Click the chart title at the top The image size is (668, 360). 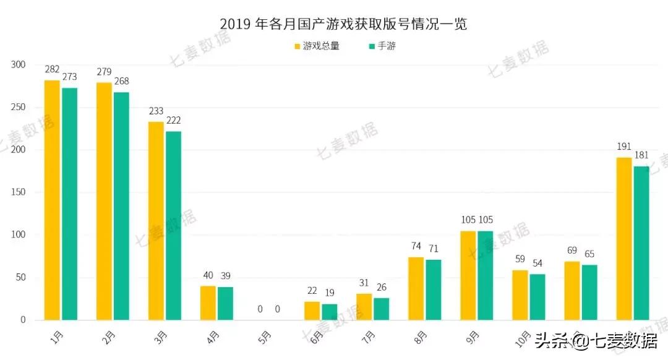[343, 24]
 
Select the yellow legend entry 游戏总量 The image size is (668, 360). [317, 46]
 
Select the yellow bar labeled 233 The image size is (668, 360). [156, 221]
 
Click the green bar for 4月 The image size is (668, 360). [225, 303]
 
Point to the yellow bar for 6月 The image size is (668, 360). [312, 311]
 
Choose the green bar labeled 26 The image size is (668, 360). [382, 309]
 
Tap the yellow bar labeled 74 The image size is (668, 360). [416, 288]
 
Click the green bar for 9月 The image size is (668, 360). [486, 275]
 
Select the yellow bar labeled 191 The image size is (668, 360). [624, 239]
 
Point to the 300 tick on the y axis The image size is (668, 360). [19, 65]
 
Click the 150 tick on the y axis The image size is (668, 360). [19, 192]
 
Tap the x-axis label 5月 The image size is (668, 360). [264, 338]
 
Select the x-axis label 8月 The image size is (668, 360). [420, 338]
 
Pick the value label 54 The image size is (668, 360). [537, 263]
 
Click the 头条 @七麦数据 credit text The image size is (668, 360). [596, 341]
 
